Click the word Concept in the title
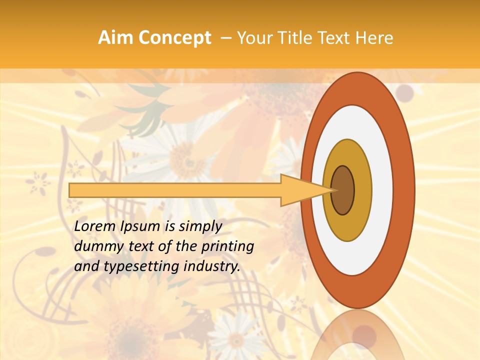[x=174, y=38]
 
